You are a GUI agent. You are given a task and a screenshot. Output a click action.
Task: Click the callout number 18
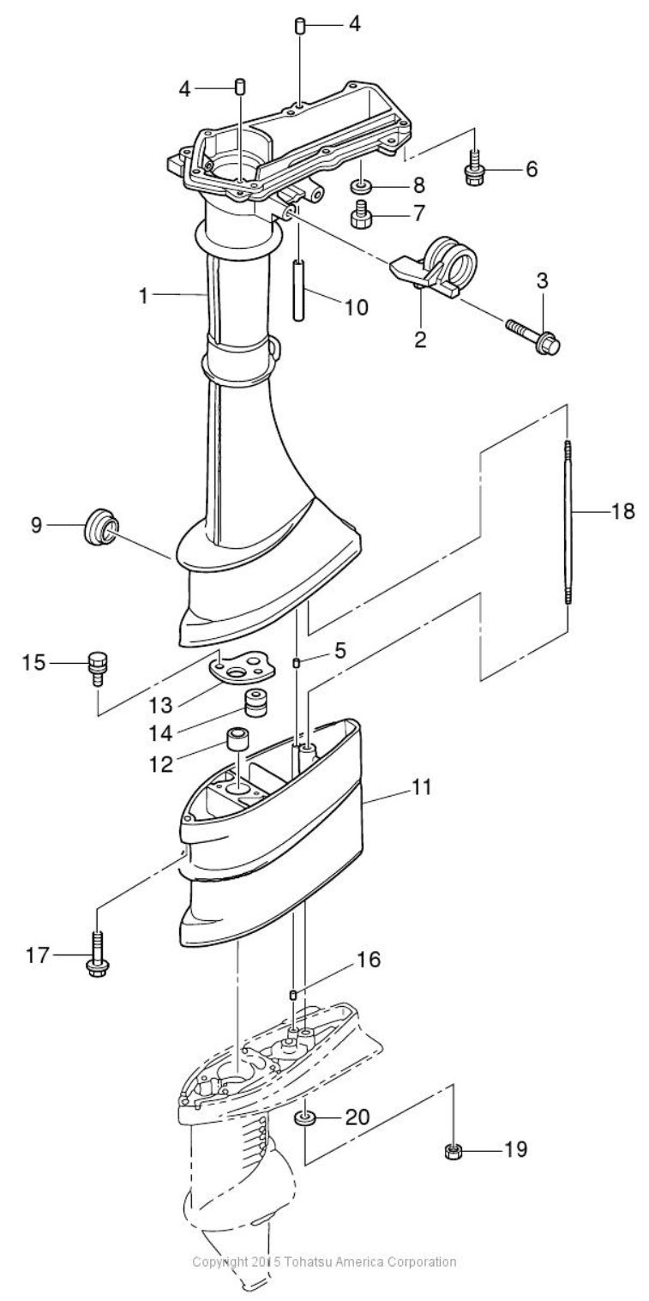pos(622,512)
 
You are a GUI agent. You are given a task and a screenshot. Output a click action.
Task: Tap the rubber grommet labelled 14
pos(252,703)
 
